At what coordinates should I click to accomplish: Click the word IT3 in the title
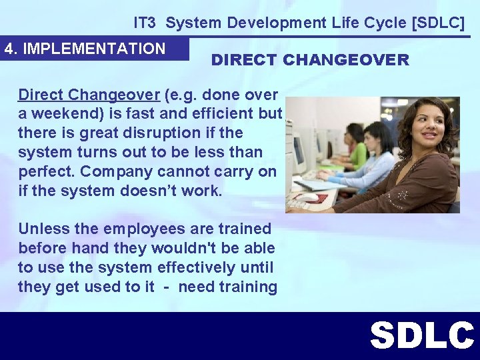pos(146,23)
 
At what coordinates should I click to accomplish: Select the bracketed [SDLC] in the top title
pos(439,23)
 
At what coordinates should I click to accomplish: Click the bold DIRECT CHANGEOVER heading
pos(310,60)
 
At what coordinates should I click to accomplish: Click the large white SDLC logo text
pos(421,336)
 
